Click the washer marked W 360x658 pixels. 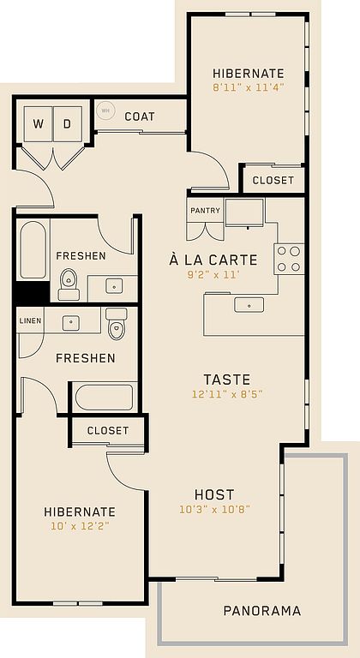tap(39, 123)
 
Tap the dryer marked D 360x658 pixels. tap(68, 123)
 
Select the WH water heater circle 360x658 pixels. tap(105, 111)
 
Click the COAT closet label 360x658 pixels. tap(140, 117)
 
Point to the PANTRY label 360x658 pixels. tap(206, 210)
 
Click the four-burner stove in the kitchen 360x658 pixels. tap(289, 259)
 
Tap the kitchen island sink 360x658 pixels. tap(249, 304)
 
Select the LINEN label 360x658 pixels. tap(31, 320)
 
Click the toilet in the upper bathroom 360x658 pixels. tap(69, 284)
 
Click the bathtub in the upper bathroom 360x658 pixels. tap(33, 249)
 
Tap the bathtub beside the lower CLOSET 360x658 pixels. tap(105, 397)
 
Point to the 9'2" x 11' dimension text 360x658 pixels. tap(212, 275)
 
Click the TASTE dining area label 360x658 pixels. tap(227, 380)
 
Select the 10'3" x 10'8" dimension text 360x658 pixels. tap(214, 510)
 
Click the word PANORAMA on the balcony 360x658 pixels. tap(262, 611)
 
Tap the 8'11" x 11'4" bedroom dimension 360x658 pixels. tap(249, 87)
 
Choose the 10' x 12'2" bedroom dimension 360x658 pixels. tap(80, 526)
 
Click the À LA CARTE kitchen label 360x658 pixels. tap(213, 260)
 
